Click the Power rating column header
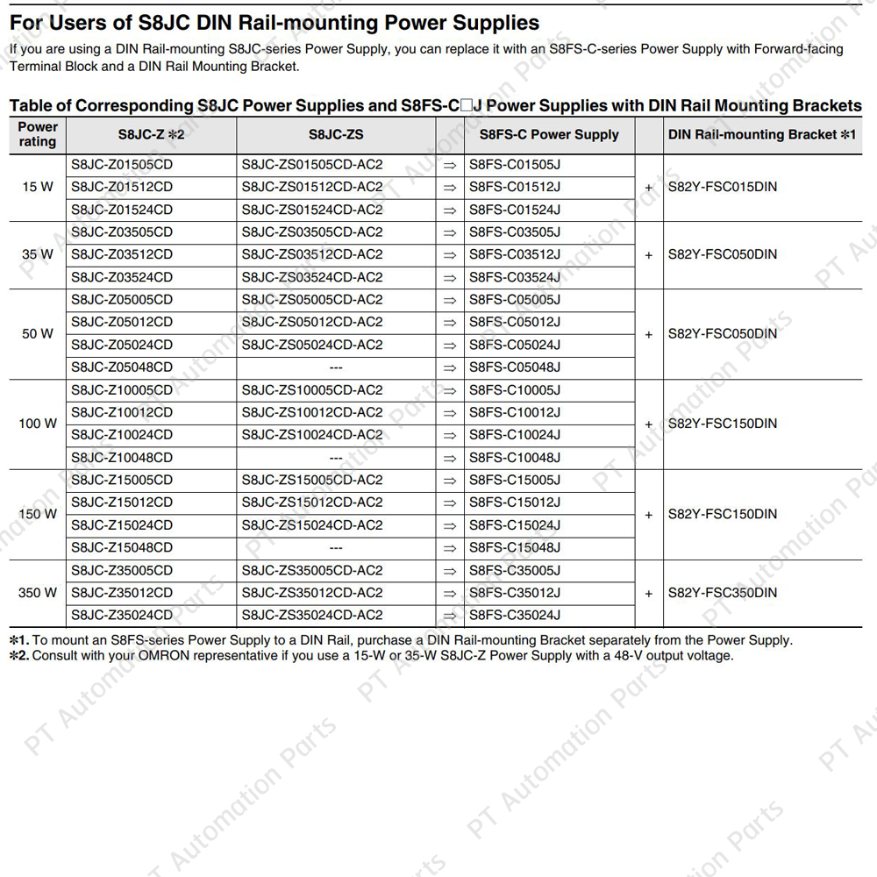[38, 134]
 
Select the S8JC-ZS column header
[336, 135]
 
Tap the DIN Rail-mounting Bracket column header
[761, 135]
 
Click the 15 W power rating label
[38, 187]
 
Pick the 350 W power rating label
[38, 593]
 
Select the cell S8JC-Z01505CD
[122, 164]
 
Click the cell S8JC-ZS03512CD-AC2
[312, 254]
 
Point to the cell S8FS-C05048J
[515, 367]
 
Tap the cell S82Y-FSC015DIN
[723, 187]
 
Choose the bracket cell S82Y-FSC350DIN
[723, 593]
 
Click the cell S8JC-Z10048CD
[122, 458]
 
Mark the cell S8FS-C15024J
[515, 525]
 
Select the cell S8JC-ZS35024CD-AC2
[312, 616]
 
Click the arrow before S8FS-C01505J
[450, 165]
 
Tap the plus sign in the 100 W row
[649, 424]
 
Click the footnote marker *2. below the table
[18, 656]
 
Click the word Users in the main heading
[80, 22]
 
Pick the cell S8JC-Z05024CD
[122, 345]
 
